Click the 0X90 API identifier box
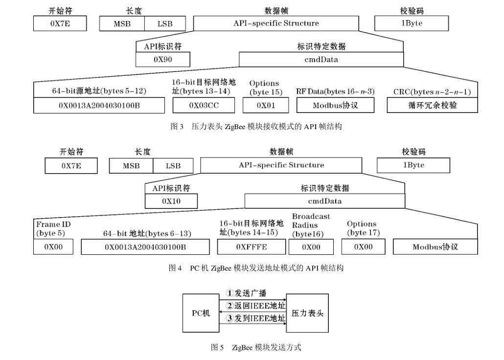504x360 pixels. point(163,59)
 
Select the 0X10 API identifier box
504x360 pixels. point(171,201)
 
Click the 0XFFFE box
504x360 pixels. point(252,247)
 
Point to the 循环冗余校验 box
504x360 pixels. point(432,105)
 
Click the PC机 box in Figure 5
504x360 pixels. point(201,313)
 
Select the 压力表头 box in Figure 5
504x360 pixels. point(307,313)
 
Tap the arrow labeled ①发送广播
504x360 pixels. point(250,299)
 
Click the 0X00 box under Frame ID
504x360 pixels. point(53,247)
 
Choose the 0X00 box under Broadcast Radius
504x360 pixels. point(311,247)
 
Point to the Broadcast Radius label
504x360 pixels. point(311,225)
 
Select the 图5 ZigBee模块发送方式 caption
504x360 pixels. point(255,347)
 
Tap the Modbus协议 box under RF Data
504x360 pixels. point(335,105)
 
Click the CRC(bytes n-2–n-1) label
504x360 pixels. point(432,92)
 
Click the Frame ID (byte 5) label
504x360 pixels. point(50,229)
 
